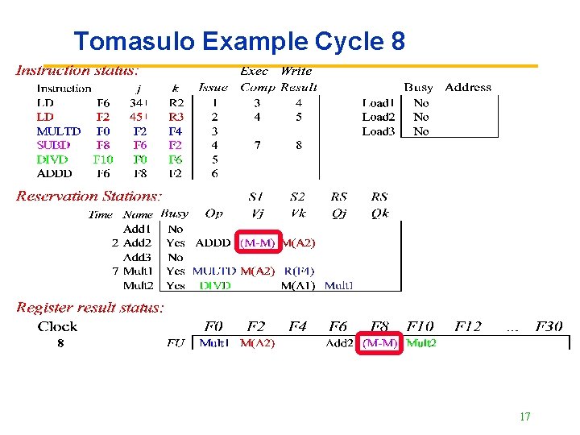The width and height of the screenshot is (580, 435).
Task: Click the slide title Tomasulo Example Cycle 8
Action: point(238,41)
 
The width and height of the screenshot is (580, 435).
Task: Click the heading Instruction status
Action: point(77,72)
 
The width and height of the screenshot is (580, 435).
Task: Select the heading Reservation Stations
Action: point(89,196)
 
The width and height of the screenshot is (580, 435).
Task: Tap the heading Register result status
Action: point(90,308)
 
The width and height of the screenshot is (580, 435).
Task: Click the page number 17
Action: point(525,416)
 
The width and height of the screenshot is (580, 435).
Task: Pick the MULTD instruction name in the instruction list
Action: point(59,131)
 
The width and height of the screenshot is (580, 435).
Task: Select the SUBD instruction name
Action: point(54,145)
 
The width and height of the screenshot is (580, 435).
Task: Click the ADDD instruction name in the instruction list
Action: point(54,173)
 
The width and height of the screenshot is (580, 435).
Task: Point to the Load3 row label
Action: point(379,131)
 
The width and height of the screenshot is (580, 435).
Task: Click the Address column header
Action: point(468,87)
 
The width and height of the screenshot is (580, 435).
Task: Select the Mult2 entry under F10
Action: point(421,343)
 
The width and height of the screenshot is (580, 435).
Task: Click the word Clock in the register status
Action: point(57,326)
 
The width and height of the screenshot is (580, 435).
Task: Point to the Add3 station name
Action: point(137,257)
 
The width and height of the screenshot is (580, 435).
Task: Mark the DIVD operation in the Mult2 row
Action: point(215,285)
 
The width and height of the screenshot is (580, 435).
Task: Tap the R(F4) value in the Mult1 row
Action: point(299,271)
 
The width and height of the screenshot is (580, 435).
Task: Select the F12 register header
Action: point(467,326)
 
